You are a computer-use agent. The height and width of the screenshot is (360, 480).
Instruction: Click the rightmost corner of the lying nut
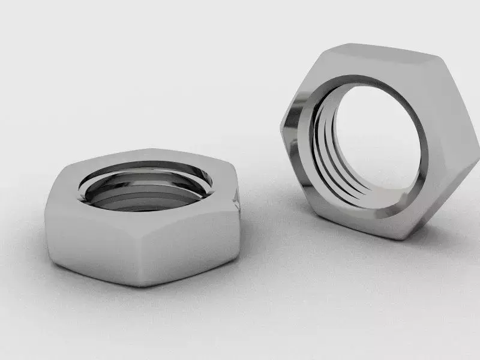tap(239, 198)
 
